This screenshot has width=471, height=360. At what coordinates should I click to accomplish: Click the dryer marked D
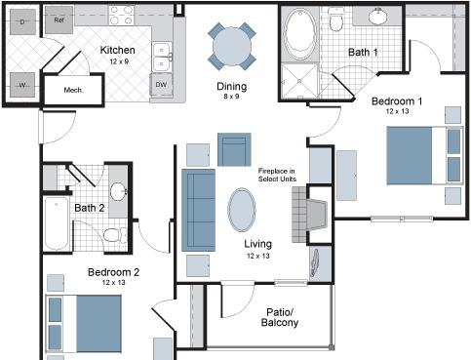pyautogui.click(x=22, y=21)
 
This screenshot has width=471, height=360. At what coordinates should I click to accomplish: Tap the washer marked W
pyautogui.click(x=22, y=85)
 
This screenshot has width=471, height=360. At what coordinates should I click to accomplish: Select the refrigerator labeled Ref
pyautogui.click(x=59, y=20)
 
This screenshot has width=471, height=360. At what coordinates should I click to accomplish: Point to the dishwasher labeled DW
pyautogui.click(x=161, y=85)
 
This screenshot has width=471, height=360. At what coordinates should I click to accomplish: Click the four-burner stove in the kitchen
pyautogui.click(x=122, y=15)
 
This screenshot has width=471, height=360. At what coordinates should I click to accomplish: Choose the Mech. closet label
pyautogui.click(x=73, y=90)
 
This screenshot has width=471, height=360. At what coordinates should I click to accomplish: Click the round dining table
pyautogui.click(x=232, y=46)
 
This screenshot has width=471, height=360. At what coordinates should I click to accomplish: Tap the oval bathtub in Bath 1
pyautogui.click(x=300, y=34)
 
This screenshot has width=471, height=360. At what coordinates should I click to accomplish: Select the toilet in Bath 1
pyautogui.click(x=335, y=19)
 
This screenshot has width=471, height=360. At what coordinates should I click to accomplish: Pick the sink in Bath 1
pyautogui.click(x=377, y=15)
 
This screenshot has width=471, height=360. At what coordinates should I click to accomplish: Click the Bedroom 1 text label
pyautogui.click(x=397, y=101)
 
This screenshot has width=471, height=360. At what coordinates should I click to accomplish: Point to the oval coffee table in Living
pyautogui.click(x=242, y=210)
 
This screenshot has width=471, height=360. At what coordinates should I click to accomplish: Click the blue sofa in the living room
pyautogui.click(x=198, y=210)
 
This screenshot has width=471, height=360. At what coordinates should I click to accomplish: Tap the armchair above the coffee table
pyautogui.click(x=234, y=149)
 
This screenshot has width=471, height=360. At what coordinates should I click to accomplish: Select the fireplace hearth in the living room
pyautogui.click(x=309, y=215)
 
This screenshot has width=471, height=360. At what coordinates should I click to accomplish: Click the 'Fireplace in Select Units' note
pyautogui.click(x=277, y=175)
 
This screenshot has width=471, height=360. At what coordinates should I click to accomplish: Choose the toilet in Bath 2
pyautogui.click(x=115, y=235)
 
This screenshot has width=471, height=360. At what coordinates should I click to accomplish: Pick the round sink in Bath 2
pyautogui.click(x=118, y=192)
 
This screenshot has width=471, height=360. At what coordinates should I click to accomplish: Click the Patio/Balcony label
pyautogui.click(x=280, y=317)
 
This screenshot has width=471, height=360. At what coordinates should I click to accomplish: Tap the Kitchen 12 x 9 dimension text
pyautogui.click(x=119, y=61)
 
